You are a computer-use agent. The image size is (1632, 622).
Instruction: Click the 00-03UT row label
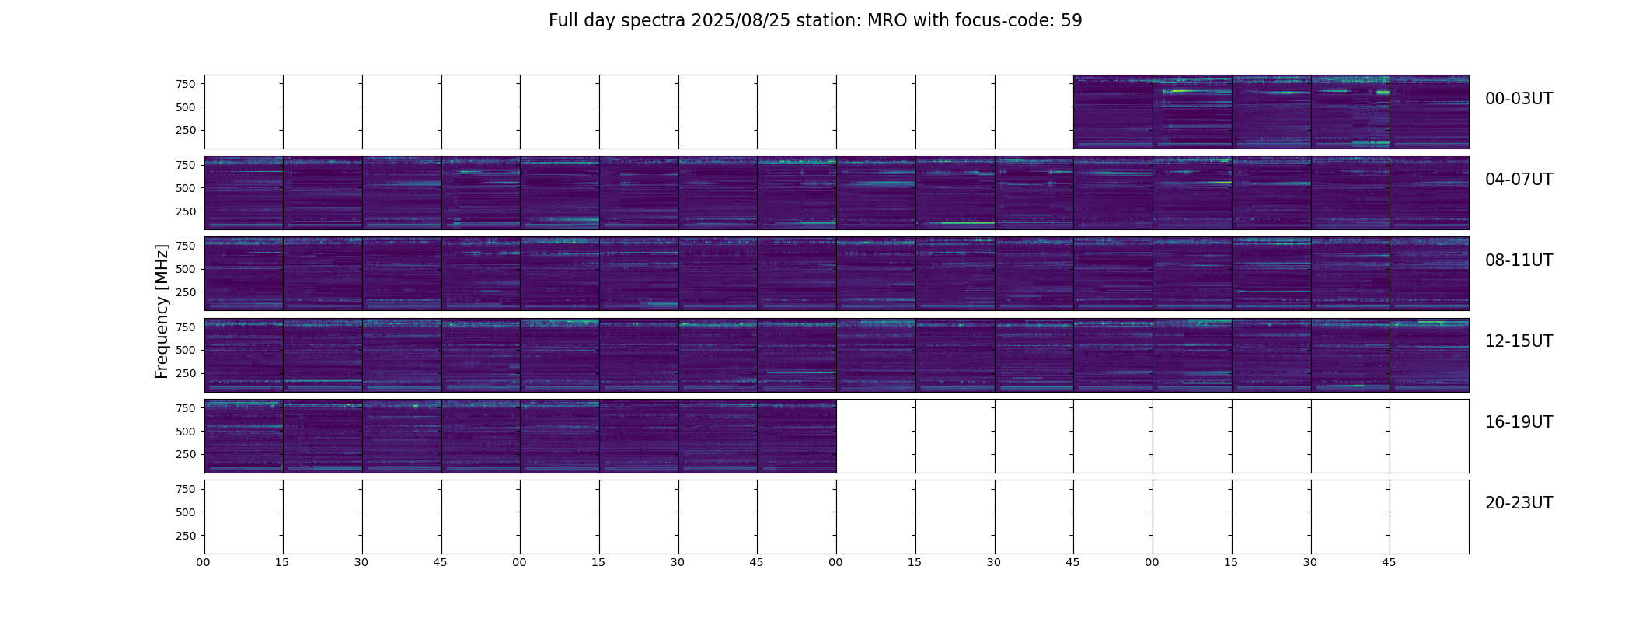pos(1519,99)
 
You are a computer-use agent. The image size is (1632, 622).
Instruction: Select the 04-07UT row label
pos(1519,180)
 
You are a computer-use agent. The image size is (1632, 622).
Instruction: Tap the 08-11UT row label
pos(1519,260)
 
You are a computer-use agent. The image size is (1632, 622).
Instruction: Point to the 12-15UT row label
pos(1519,341)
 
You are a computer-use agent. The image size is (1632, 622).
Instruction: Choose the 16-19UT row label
pos(1519,422)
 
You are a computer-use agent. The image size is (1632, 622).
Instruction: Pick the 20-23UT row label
pos(1519,503)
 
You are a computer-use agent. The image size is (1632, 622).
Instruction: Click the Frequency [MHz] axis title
pos(162,311)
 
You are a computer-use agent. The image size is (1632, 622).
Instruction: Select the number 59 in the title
pos(1072,21)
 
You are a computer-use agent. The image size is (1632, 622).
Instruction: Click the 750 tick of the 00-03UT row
pos(186,84)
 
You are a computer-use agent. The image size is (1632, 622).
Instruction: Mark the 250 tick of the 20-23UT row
pos(186,536)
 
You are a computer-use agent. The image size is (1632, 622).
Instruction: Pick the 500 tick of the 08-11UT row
pos(186,269)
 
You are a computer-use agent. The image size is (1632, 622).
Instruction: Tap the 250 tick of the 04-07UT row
pos(186,211)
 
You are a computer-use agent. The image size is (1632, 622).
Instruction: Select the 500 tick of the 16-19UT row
pos(186,432)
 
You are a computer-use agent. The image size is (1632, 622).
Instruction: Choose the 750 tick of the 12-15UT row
pos(186,327)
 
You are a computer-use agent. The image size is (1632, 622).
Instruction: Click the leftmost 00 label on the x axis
pos(203,562)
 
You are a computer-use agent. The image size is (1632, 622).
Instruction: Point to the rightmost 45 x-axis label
pos(1389,562)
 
